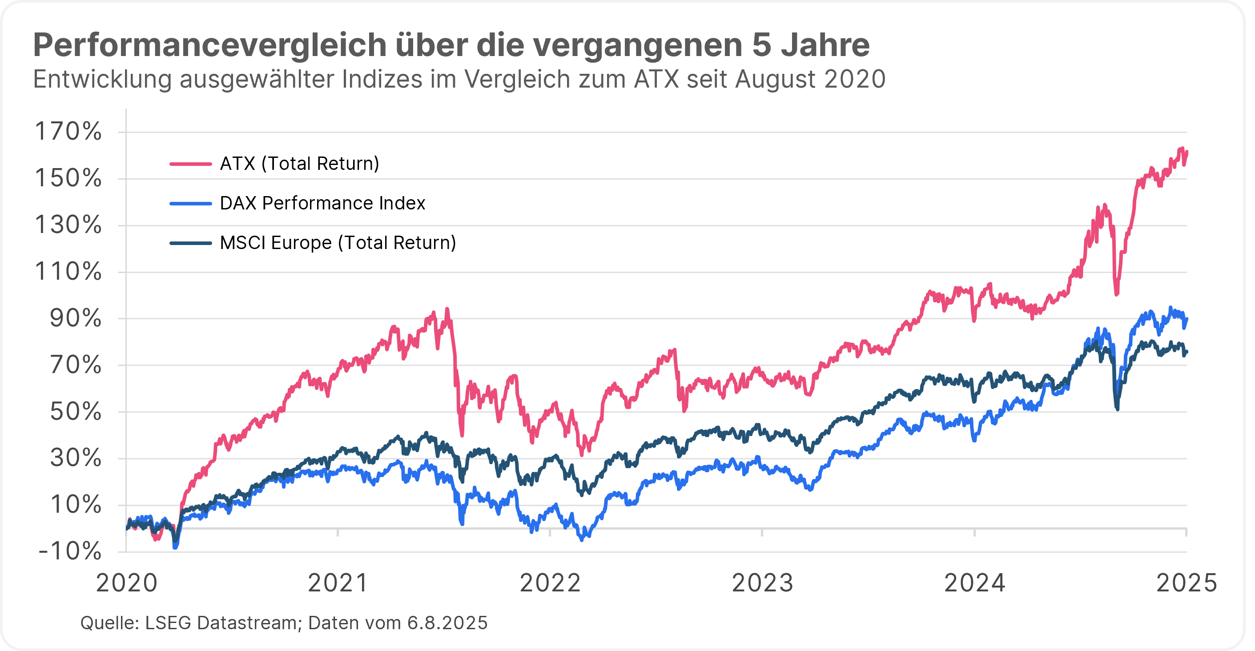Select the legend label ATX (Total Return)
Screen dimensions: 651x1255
coord(299,164)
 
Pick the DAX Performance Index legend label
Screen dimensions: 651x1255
coord(322,203)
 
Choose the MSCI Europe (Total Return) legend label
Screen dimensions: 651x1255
coord(338,243)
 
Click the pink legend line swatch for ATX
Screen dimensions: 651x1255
coord(190,164)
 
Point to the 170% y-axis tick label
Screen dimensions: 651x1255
coord(68,132)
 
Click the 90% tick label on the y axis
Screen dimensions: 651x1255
coord(76,319)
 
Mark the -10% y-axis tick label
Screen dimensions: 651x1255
coord(70,551)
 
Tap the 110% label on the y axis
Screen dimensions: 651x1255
coord(68,272)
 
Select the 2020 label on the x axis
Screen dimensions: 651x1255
coord(127,583)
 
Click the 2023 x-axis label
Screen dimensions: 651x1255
coord(762,583)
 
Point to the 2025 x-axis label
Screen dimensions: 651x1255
coord(1187,583)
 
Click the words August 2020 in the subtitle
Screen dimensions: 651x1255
coord(810,80)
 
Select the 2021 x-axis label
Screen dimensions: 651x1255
coord(338,583)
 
